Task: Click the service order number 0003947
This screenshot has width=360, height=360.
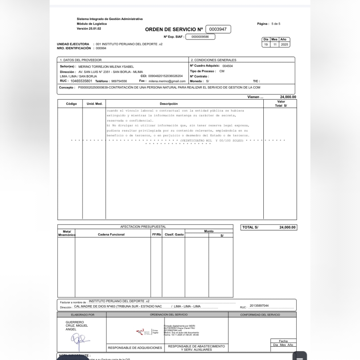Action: coord(218,29)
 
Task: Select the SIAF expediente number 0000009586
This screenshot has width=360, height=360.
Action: coord(200,37)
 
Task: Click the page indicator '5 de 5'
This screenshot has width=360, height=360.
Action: coord(276,24)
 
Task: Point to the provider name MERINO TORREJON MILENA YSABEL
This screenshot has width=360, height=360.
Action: coord(106,67)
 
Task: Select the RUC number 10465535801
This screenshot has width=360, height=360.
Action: coord(81,81)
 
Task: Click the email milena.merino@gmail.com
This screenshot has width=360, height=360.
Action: coord(167,81)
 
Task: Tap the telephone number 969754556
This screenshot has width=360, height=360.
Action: coord(119,81)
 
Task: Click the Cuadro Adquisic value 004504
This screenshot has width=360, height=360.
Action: coord(228,66)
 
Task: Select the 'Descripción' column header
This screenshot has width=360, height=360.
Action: coord(169,104)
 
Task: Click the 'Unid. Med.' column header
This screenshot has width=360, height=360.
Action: coord(94,104)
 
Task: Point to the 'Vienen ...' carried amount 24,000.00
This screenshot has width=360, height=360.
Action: coord(288,97)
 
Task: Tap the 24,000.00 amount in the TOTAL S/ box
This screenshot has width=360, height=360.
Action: coord(287,228)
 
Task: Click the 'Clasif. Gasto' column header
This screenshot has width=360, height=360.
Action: coord(174,235)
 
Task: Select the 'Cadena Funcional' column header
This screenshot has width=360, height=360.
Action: coord(111,235)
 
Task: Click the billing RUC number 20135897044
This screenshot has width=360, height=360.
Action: coord(259,306)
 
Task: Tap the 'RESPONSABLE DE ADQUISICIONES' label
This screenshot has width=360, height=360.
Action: coord(135,348)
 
